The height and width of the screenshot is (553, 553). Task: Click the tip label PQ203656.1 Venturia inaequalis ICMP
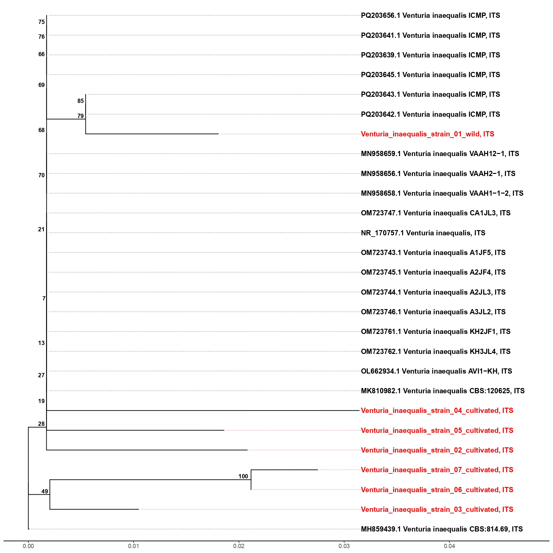[430, 16]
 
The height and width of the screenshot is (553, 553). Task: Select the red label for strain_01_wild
[427, 134]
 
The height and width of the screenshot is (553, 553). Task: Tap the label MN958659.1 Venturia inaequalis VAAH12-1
[440, 154]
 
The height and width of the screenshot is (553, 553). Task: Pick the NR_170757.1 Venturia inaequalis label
[423, 233]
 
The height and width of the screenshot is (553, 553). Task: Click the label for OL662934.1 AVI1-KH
[436, 371]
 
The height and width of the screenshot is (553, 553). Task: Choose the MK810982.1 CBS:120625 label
[442, 391]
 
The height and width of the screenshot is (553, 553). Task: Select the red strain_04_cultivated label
[437, 411]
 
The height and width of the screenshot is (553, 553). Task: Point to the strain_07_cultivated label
[437, 470]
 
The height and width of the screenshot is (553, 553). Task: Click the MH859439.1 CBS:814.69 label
[441, 529]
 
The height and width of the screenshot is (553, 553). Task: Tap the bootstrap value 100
[243, 477]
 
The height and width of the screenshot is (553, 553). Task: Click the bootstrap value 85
[80, 101]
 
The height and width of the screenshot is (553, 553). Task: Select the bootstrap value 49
[45, 492]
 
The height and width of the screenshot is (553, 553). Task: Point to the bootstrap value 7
[44, 299]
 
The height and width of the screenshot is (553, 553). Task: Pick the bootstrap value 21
[41, 229]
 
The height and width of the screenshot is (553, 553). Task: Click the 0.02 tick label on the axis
[239, 546]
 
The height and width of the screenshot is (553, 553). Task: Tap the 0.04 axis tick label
[449, 546]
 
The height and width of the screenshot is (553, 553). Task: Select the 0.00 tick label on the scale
[28, 546]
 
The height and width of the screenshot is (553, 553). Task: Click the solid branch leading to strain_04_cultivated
[203, 410]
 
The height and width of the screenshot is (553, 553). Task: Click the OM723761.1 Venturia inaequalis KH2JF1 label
[435, 332]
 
